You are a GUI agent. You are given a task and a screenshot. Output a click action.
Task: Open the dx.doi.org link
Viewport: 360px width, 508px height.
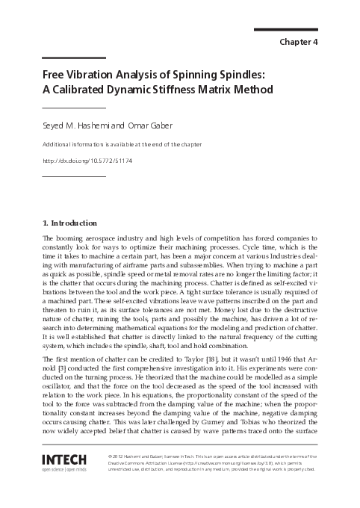87,161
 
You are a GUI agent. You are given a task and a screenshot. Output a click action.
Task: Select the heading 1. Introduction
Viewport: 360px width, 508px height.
69,223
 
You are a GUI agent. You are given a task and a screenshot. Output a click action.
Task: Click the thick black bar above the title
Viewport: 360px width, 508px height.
73,58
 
